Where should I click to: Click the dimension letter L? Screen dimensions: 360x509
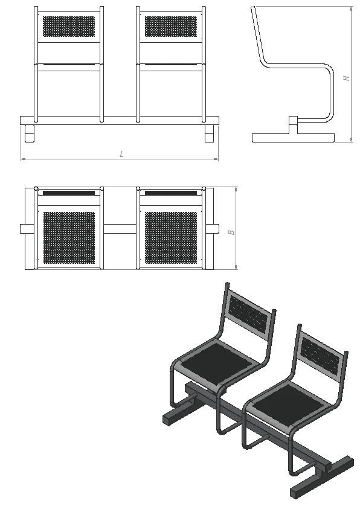pos(121,154)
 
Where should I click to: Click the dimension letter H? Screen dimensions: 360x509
pos(347,78)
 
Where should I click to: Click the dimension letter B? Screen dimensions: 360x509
pos(231,232)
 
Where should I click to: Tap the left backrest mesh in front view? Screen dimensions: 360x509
pos(69,27)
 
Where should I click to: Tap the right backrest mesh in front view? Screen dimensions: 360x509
pos(171,27)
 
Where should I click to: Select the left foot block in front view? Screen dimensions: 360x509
pos(30,133)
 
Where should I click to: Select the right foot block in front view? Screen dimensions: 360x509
pos(210,133)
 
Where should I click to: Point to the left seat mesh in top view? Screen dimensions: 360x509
pos(69,238)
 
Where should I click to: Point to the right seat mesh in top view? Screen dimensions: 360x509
pos(171,238)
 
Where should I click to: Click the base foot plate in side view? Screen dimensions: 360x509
pos(294,138)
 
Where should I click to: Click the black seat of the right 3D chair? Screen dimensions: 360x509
pos(288,403)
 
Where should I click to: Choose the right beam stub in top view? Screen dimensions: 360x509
pos(216,229)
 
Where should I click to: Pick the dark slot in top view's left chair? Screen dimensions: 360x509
pos(69,193)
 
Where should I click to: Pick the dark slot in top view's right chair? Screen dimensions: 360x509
pos(171,193)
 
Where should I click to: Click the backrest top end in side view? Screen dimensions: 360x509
pos(253,7)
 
